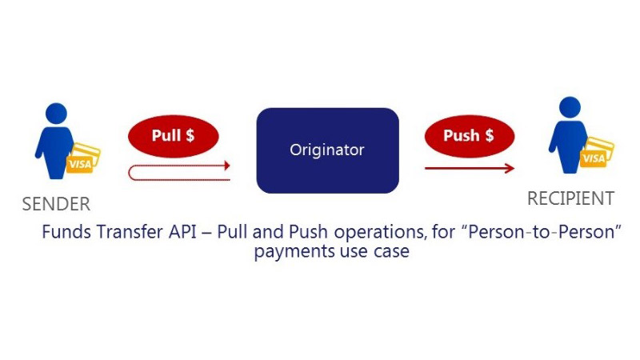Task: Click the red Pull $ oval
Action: [173, 136]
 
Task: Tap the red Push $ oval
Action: [469, 136]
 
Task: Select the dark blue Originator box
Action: [326, 150]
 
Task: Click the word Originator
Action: [326, 150]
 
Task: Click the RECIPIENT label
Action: [570, 198]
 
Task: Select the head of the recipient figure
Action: [570, 107]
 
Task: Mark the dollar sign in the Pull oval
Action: [190, 136]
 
